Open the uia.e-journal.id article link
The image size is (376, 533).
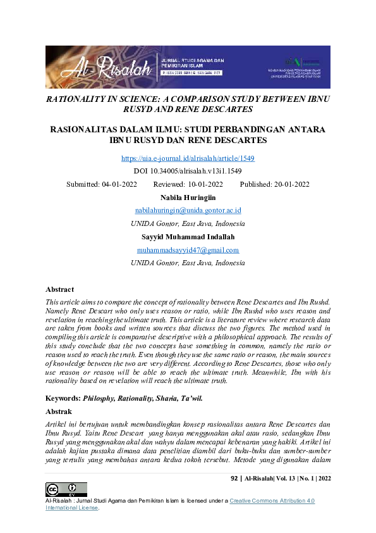point(188,158)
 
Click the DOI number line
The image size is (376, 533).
point(188,172)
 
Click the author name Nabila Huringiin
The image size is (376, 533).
point(188,198)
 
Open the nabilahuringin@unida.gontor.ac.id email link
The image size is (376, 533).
point(188,210)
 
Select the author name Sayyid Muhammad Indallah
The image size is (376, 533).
point(188,237)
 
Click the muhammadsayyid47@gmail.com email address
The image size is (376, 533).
point(188,250)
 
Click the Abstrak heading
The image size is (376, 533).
point(59,410)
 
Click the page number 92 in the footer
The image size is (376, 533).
point(234,479)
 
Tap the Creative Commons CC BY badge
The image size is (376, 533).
point(66,489)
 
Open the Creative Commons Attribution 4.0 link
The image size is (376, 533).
point(272,501)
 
